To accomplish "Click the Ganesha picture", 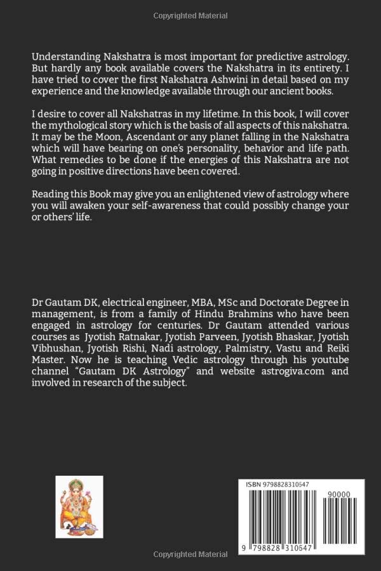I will pyautogui.click(x=79, y=507).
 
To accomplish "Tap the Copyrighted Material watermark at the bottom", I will pyautogui.click(x=190, y=556).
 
